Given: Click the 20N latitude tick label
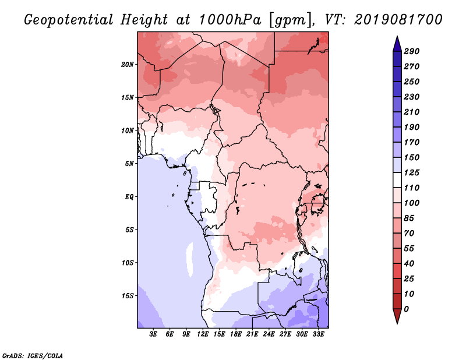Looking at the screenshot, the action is point(128,64).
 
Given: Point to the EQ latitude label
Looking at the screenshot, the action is point(129,196).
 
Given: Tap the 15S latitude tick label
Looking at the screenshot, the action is point(128,296).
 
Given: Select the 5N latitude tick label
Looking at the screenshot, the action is point(129,164).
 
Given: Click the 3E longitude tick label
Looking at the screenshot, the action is point(153,334).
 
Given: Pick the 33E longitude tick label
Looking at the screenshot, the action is point(318,334).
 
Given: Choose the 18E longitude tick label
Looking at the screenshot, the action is point(236,334).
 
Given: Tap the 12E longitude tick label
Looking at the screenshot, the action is point(203,334).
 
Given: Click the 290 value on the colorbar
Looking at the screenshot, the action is point(412,51).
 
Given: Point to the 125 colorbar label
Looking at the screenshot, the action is point(412,172).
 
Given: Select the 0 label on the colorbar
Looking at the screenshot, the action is point(406,309).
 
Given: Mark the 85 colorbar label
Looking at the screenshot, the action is point(409,218).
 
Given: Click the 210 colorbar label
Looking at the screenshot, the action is point(412,112).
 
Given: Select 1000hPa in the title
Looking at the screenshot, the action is point(230,20).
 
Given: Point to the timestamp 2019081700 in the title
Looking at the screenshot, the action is point(398,20).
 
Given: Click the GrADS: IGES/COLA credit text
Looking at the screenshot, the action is point(33,356).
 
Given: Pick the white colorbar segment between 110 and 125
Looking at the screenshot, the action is point(397,180).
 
